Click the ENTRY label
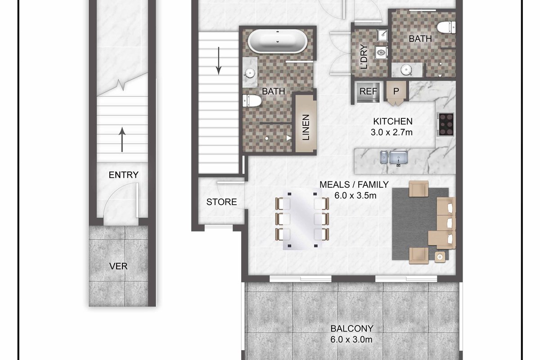(x=123, y=175)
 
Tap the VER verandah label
(x=118, y=266)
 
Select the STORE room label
(x=221, y=202)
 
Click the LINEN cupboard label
(x=306, y=127)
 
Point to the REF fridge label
(x=368, y=91)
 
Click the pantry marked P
(x=396, y=91)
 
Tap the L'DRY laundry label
(x=364, y=57)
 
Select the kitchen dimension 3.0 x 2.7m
(x=391, y=132)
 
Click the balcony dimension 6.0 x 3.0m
(x=351, y=339)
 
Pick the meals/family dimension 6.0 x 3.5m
(x=355, y=196)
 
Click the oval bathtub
(x=278, y=41)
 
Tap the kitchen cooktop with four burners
(x=446, y=125)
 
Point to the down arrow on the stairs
(x=218, y=61)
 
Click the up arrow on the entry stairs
(x=122, y=139)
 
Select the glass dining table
(x=302, y=220)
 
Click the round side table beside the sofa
(x=440, y=257)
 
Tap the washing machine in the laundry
(x=382, y=53)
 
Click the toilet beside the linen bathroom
(x=252, y=100)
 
